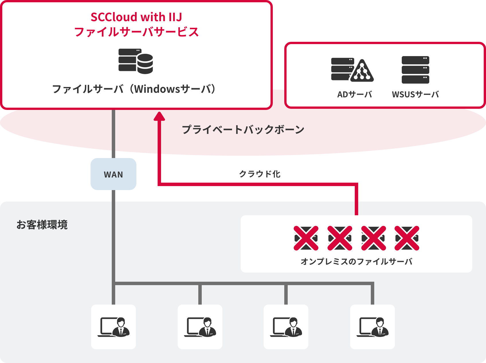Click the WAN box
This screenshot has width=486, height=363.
(x=113, y=174)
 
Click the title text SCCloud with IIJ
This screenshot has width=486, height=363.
(x=136, y=17)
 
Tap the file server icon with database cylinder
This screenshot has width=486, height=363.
(x=136, y=61)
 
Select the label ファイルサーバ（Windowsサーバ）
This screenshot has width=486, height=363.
(x=134, y=89)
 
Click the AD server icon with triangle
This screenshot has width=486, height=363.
(x=352, y=70)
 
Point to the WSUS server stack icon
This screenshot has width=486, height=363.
(x=415, y=70)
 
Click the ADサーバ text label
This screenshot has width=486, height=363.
(x=354, y=94)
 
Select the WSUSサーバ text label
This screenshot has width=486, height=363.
(x=415, y=94)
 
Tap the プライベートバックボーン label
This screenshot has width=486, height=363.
(x=243, y=129)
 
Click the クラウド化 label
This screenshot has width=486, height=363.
(x=260, y=174)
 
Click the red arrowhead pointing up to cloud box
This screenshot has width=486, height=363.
(x=159, y=117)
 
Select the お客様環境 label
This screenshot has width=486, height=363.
(x=42, y=225)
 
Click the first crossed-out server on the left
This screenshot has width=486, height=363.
(x=306, y=238)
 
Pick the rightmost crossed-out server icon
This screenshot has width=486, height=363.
(x=407, y=238)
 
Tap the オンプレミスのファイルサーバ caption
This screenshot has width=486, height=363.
(x=356, y=261)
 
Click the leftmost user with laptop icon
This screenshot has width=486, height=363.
(x=113, y=327)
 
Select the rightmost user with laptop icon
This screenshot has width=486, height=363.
(x=372, y=327)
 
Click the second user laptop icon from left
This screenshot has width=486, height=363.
(x=200, y=327)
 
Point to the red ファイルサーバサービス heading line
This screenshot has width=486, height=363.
(x=136, y=32)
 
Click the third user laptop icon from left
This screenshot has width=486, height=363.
(x=286, y=327)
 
